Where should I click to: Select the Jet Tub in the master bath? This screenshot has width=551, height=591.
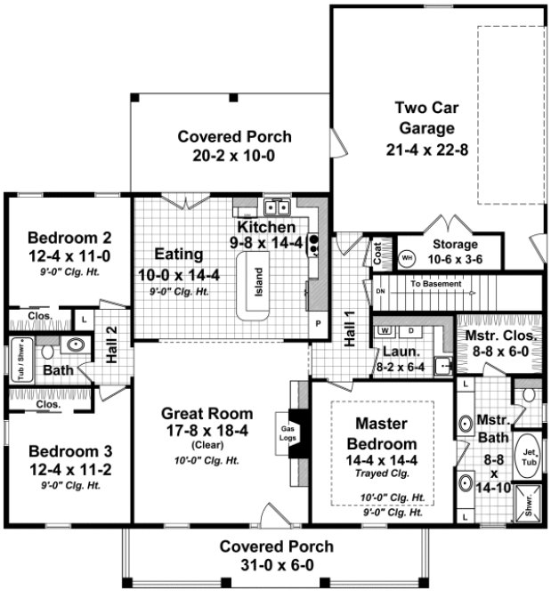tap(527, 455)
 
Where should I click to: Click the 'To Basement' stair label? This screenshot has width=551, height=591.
tap(436, 284)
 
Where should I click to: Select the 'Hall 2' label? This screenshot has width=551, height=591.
tap(111, 342)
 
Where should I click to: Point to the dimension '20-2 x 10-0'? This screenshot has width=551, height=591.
tap(234, 155)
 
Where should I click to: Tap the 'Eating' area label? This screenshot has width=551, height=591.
tap(178, 254)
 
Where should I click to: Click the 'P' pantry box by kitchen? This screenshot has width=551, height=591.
tap(316, 322)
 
